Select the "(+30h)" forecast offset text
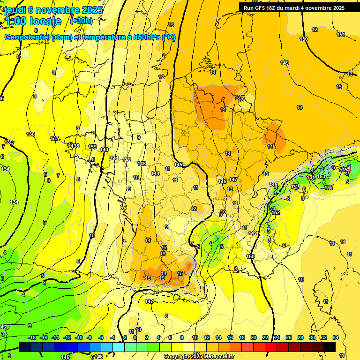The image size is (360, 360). pos(81,21)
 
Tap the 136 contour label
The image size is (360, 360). pos(30,135)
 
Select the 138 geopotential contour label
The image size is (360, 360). pos(75,146)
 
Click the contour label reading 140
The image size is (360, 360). pos(104,150)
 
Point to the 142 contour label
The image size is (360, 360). pos(127,160)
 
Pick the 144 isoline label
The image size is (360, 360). pos(155,173)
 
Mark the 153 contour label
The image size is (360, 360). pos(321,176)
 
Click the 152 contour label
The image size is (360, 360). pos(277,212)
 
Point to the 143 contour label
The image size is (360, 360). pos(142,164)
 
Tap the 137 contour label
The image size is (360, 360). pos(54,138)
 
